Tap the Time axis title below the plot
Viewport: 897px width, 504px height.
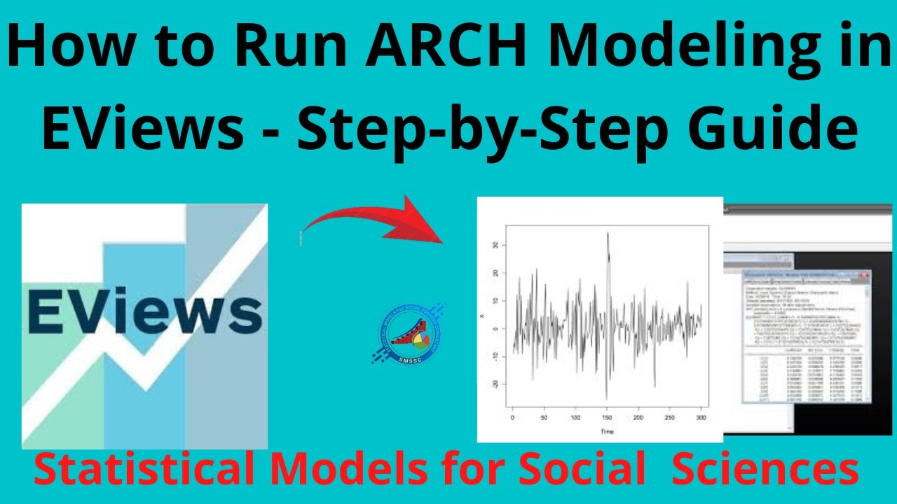click(607, 432)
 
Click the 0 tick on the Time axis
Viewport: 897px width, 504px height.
click(513, 417)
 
